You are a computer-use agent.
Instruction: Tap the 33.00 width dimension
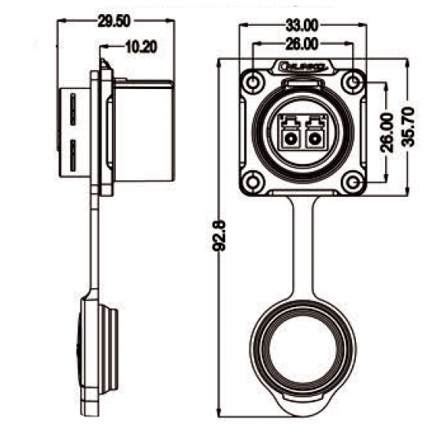click(x=303, y=24)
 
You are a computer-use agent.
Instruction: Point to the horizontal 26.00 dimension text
click(x=303, y=46)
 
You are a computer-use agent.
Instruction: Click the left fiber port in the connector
click(x=291, y=139)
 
